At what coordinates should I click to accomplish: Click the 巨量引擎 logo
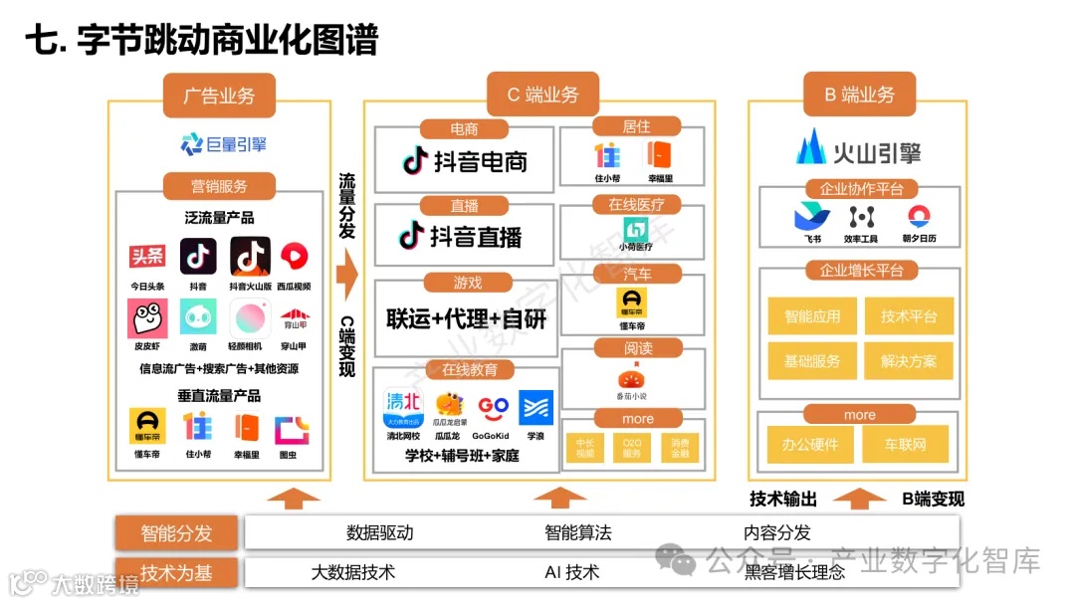coord(223,144)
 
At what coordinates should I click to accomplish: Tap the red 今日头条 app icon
coord(147,257)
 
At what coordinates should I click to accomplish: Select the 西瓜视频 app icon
coord(294,257)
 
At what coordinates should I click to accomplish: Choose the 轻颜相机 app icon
coord(250,318)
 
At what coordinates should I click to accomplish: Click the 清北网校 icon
coord(402,408)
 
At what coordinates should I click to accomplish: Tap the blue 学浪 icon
coord(536,407)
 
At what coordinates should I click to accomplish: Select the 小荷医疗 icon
coord(636,232)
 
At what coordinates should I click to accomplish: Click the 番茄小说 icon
coord(637,379)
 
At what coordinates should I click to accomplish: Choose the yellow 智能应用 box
coord(812,316)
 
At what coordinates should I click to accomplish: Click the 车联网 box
coord(905,444)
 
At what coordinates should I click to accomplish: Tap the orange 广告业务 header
coord(219,96)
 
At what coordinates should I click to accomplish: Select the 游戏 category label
coord(466,283)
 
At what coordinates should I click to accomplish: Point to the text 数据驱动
coord(379,532)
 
